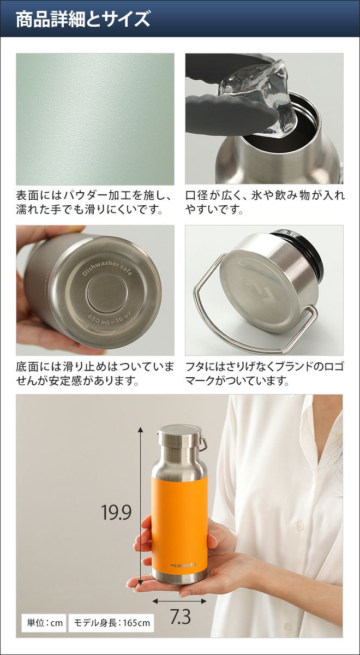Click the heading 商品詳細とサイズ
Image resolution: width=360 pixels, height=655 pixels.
[83, 19]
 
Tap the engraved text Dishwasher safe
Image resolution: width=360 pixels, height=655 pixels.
[107, 269]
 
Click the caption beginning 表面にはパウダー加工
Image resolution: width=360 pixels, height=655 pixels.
[94, 202]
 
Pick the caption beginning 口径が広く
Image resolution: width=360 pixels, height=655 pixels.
[265, 202]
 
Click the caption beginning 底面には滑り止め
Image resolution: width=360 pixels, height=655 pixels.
[95, 373]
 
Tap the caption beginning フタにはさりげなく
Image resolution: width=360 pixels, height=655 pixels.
[265, 373]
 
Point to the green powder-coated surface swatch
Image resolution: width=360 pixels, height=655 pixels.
[95, 119]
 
